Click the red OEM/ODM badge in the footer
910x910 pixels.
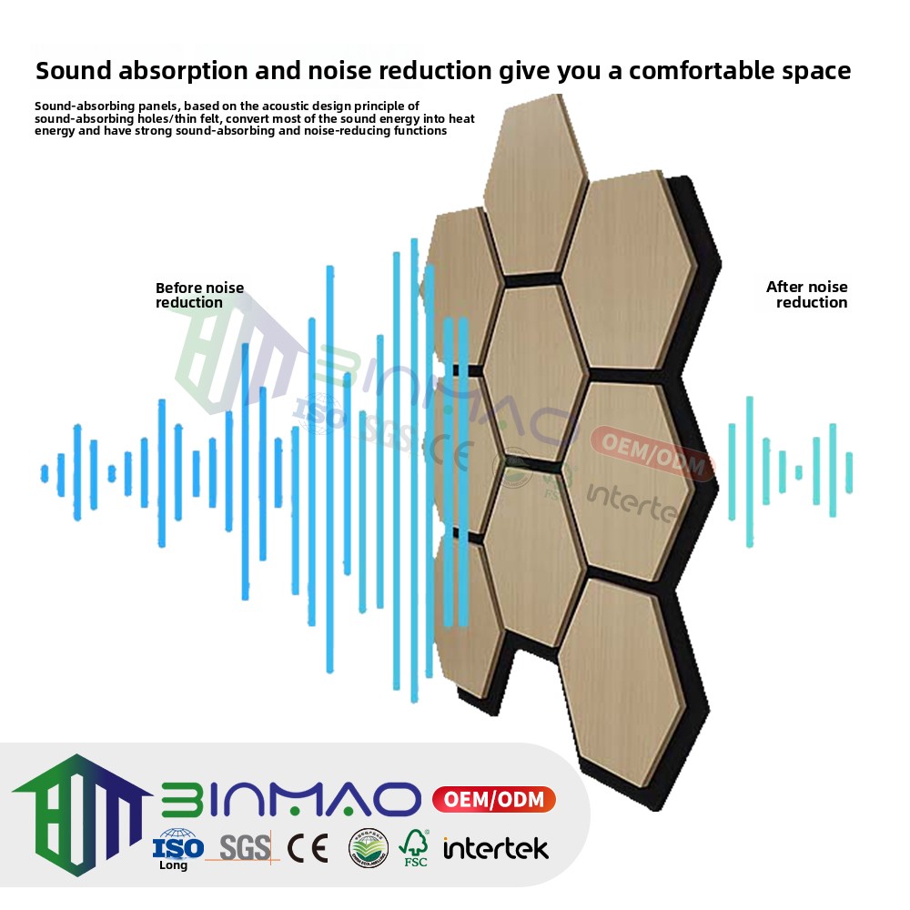tap(492, 800)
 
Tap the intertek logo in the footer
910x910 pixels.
tap(496, 849)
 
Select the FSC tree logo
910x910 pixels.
tap(415, 847)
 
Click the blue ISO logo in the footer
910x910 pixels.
tap(178, 844)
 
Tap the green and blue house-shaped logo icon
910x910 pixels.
tap(82, 810)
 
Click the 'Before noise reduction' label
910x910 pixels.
tap(199, 295)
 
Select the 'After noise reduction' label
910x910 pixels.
tap(807, 295)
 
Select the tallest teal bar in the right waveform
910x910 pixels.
tap(749, 471)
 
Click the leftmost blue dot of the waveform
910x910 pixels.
tap(44, 473)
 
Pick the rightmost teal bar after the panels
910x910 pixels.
tap(849, 472)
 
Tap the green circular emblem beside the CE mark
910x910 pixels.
tap(369, 848)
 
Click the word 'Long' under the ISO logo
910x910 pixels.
tap(173, 865)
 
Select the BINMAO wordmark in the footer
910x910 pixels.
tap(291, 800)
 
